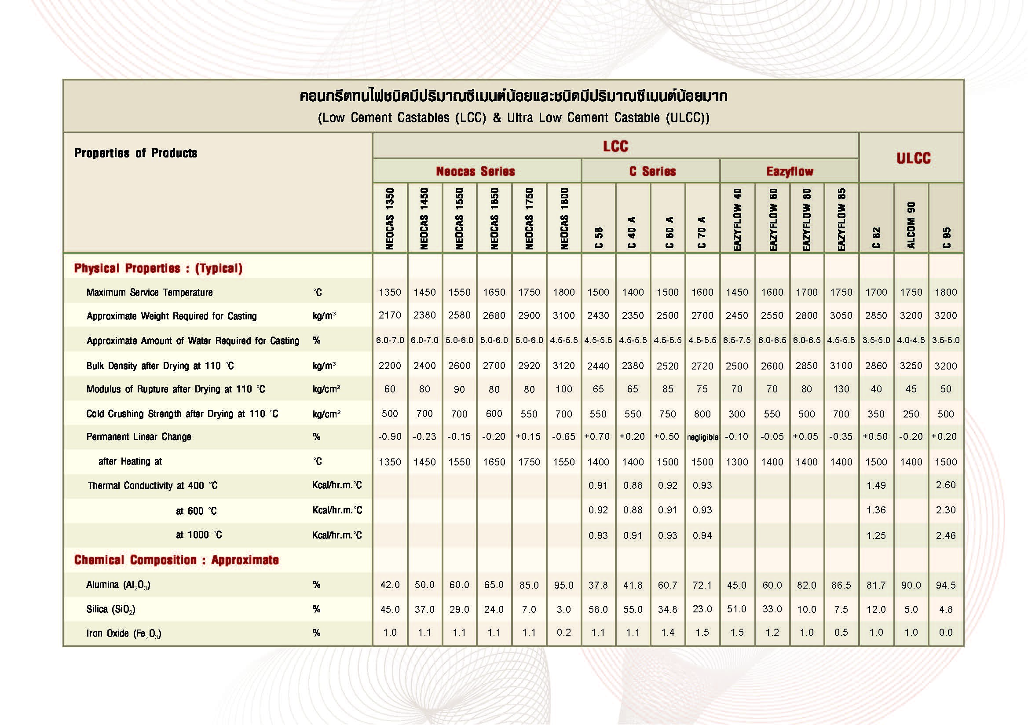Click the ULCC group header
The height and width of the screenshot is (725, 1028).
click(913, 158)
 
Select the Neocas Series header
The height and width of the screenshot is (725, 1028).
click(476, 172)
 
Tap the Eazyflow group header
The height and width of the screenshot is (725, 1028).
click(789, 172)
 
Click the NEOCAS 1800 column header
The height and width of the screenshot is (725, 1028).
click(564, 219)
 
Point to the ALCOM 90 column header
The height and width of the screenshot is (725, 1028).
click(911, 225)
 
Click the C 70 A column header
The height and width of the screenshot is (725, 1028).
click(702, 232)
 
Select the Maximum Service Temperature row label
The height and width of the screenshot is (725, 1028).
click(150, 293)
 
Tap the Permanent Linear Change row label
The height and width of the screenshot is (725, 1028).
click(139, 437)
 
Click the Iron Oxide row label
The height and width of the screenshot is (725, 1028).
click(124, 633)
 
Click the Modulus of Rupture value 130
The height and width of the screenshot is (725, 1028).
click(841, 389)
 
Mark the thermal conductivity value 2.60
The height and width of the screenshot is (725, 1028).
click(946, 485)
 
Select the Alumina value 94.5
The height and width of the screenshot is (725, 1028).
click(946, 585)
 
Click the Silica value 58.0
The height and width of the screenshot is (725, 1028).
click(598, 609)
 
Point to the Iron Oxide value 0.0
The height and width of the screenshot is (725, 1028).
click(946, 633)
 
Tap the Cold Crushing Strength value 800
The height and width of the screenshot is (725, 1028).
click(702, 414)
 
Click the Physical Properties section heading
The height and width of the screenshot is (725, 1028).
click(158, 268)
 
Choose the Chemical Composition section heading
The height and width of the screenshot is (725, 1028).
click(176, 560)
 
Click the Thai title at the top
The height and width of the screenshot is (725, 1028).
click(513, 96)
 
